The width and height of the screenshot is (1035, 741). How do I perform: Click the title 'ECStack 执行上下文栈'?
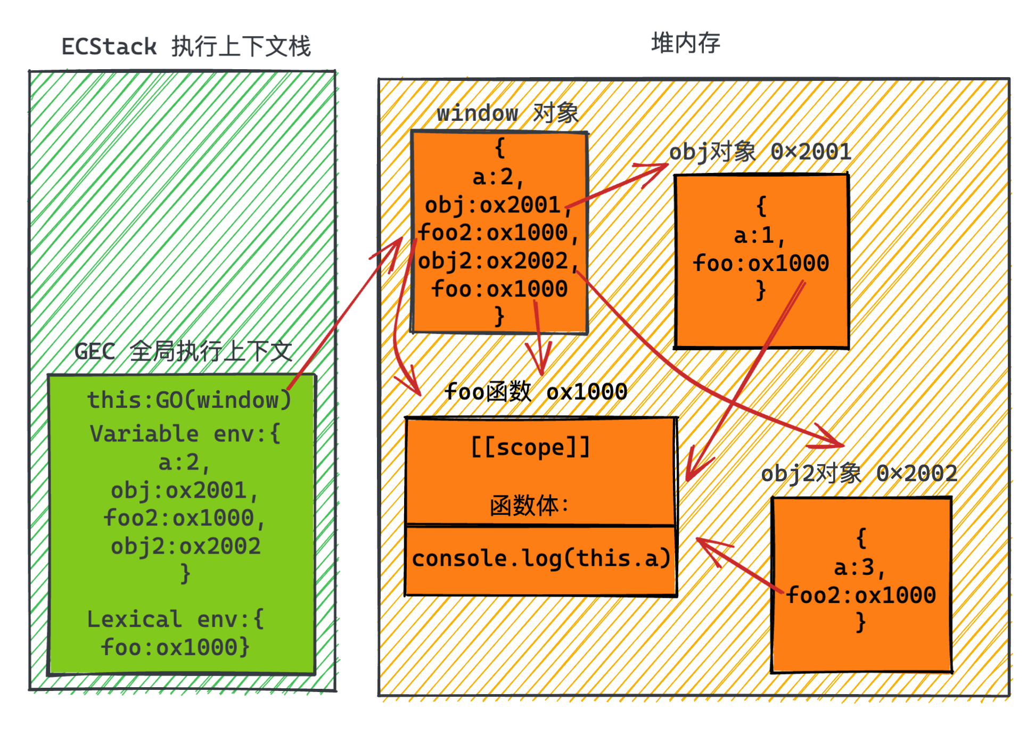186,46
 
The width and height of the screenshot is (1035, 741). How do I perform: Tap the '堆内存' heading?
685,43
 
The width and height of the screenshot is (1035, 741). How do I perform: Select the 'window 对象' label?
507,113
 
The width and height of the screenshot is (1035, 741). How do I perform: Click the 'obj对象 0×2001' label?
760,152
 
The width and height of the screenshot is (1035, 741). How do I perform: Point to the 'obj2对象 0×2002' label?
858,473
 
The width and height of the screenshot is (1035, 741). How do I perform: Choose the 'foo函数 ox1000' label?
536,392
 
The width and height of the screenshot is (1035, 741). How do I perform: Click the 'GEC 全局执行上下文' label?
183,351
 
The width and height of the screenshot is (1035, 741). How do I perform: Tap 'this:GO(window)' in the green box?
189,400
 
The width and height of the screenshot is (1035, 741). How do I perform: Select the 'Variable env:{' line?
185,434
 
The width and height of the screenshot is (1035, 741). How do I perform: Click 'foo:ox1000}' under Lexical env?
176,647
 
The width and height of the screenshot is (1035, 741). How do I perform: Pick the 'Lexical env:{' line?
176,619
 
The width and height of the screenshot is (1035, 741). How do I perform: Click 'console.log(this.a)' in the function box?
540,558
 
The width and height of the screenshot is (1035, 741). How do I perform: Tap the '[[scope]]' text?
531,447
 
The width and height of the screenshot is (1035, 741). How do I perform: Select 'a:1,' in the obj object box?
760,235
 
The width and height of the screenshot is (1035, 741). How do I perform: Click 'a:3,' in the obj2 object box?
859,567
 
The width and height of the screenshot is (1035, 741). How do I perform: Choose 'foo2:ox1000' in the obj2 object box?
861,595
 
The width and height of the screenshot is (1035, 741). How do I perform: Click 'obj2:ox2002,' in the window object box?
498,261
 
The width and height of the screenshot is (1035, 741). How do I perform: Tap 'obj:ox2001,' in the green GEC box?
184,490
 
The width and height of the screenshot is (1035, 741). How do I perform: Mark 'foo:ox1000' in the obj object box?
761,263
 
